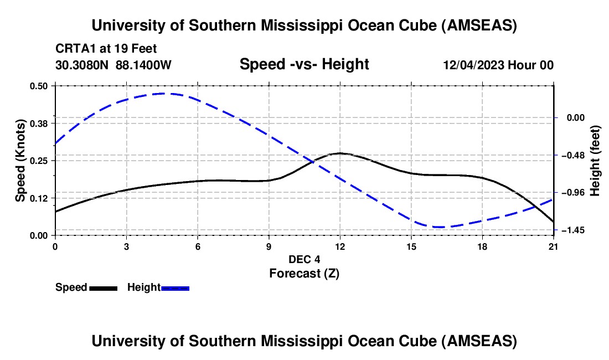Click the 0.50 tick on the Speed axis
click(39, 86)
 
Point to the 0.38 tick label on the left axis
click(39, 123)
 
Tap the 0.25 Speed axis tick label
click(39, 161)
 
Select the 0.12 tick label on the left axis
click(39, 198)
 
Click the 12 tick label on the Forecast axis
click(340, 246)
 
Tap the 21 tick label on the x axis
click(554, 246)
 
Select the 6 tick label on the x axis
click(198, 246)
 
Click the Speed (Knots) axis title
click(20, 161)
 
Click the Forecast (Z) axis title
click(304, 273)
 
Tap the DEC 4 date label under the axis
click(304, 259)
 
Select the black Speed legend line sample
click(103, 288)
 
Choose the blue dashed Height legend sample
click(176, 288)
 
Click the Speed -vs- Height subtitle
click(304, 64)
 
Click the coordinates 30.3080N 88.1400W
click(113, 65)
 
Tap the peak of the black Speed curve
click(340, 153)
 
